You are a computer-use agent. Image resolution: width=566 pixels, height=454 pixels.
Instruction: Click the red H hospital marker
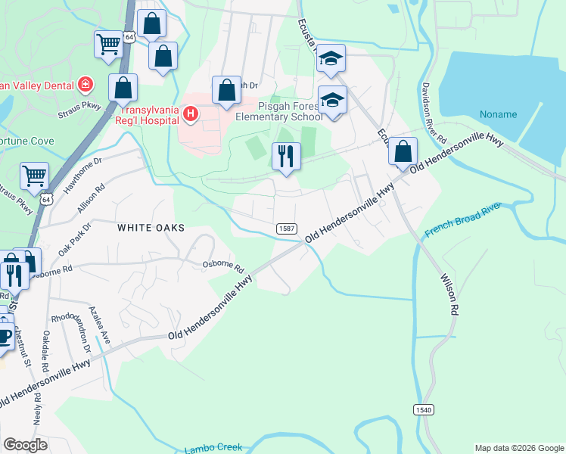tap(191, 115)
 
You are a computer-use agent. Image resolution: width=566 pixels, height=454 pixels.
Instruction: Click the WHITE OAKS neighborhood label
tap(150, 226)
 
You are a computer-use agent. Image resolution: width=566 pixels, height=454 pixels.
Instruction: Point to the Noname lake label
tap(498, 115)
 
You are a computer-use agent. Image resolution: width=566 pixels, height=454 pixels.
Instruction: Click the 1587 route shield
tap(286, 228)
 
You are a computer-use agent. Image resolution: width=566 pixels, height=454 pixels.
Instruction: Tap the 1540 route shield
tap(424, 409)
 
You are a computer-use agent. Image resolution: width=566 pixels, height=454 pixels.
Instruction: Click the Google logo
tap(26, 445)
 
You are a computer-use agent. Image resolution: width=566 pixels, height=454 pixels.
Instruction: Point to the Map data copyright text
tap(518, 448)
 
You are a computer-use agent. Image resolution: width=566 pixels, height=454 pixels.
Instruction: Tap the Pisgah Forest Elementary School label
tap(279, 111)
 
